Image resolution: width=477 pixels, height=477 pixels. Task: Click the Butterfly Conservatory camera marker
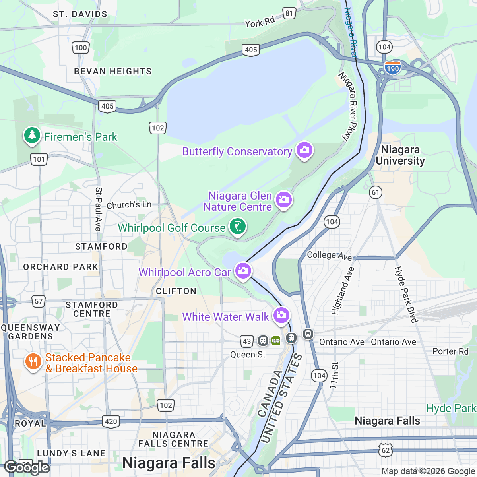[304, 150]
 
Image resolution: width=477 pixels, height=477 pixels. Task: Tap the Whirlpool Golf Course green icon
[237, 227]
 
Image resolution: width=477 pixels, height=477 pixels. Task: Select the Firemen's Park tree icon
[32, 136]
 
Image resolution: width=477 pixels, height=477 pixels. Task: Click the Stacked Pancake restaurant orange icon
[33, 362]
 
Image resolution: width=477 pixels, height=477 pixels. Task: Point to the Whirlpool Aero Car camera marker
[243, 271]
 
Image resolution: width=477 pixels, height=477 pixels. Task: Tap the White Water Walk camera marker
[281, 315]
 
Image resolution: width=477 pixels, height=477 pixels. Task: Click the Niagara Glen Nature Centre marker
[283, 200]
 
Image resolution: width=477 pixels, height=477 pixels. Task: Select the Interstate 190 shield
[392, 68]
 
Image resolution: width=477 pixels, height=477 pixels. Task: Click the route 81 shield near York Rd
[289, 13]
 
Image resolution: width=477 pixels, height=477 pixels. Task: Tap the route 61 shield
[376, 193]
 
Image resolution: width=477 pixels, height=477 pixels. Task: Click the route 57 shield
[39, 301]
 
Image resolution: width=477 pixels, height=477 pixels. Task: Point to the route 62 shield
[386, 450]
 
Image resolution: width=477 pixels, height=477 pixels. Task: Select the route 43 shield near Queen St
[247, 341]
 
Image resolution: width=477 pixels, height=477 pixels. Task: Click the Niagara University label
[400, 155]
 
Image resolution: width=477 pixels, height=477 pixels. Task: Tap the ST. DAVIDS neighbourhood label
[80, 14]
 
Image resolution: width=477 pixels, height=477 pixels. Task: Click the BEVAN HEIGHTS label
[113, 71]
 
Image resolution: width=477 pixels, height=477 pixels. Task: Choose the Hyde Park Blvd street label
[406, 294]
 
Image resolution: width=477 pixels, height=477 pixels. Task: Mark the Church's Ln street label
[129, 205]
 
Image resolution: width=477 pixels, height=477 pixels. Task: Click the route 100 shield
[81, 48]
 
